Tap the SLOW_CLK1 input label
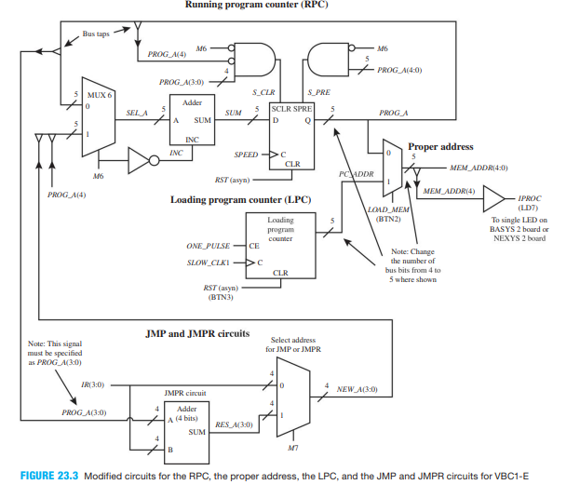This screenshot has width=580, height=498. [209, 262]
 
